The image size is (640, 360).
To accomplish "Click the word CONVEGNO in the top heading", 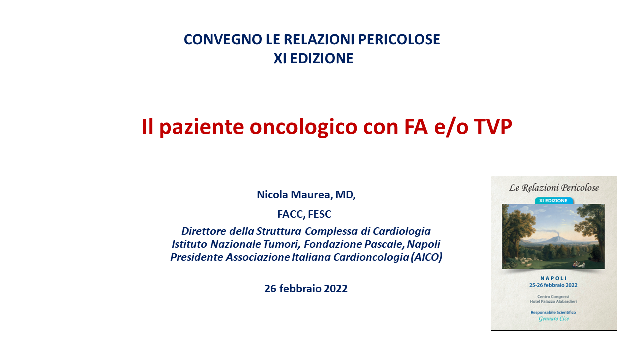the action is pyautogui.click(x=223, y=39).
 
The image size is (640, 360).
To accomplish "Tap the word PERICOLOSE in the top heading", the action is pyautogui.click(x=399, y=39).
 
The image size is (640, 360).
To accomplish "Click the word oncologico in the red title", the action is pyautogui.click(x=303, y=127).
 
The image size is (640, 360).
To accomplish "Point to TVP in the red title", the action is pyautogui.click(x=493, y=126).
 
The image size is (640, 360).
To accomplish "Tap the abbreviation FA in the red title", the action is pyautogui.click(x=416, y=126).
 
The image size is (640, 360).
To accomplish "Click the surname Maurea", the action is pyautogui.click(x=312, y=195).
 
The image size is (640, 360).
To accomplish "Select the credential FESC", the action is pyautogui.click(x=319, y=214).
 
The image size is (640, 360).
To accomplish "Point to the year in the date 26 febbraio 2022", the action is pyautogui.click(x=336, y=289).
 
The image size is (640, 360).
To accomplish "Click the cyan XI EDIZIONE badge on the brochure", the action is pyautogui.click(x=553, y=201).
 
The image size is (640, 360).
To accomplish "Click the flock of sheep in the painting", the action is pyautogui.click(x=523, y=261).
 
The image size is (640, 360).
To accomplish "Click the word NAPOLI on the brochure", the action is pyautogui.click(x=553, y=278).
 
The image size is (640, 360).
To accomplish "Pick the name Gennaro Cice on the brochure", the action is pyautogui.click(x=553, y=319).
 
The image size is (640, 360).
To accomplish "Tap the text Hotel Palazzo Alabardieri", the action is pyautogui.click(x=553, y=301).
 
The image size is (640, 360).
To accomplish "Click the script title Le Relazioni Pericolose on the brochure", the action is pyautogui.click(x=554, y=187).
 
